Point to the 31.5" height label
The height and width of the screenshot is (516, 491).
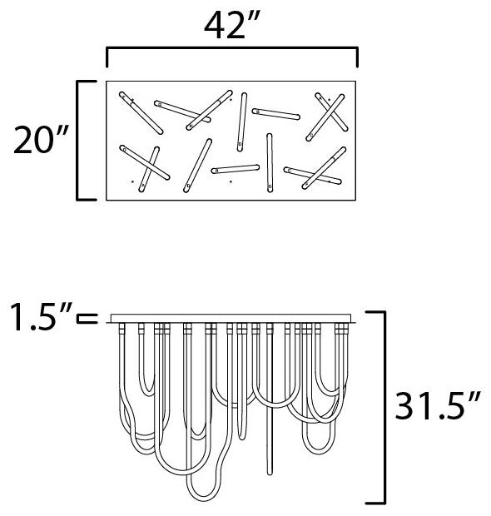438,406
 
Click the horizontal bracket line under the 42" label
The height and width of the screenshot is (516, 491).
231,49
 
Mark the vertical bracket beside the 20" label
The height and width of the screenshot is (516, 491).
77,140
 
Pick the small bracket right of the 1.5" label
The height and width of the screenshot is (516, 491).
87,319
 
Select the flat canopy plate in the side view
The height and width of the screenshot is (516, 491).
231,318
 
